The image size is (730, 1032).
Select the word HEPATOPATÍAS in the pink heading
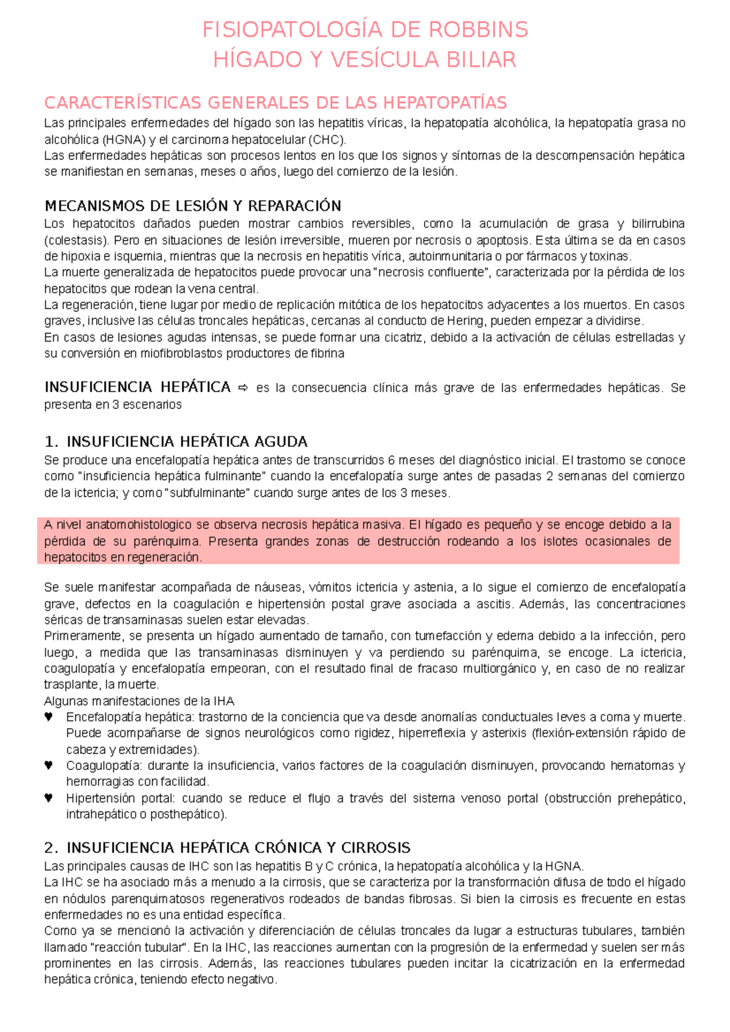tap(448, 102)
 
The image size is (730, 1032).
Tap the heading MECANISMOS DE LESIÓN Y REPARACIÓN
tap(193, 205)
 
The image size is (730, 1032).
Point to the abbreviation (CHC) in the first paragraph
tap(327, 140)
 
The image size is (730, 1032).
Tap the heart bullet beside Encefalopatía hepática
tap(49, 717)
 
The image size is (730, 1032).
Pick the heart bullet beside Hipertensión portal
tap(49, 798)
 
